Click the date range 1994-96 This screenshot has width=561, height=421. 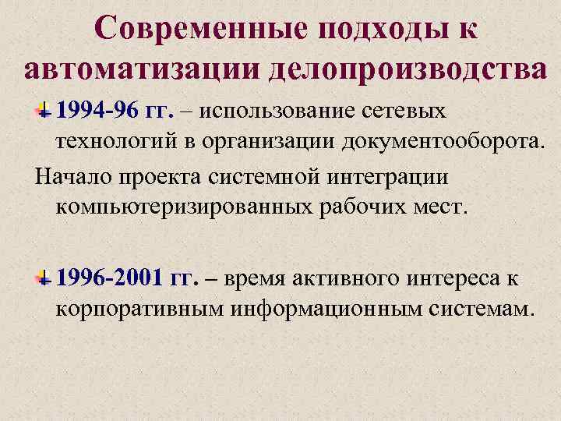pos(97,112)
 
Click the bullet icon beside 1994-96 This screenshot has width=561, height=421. pos(46,112)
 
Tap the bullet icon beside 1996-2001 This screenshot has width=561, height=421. pos(46,279)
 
